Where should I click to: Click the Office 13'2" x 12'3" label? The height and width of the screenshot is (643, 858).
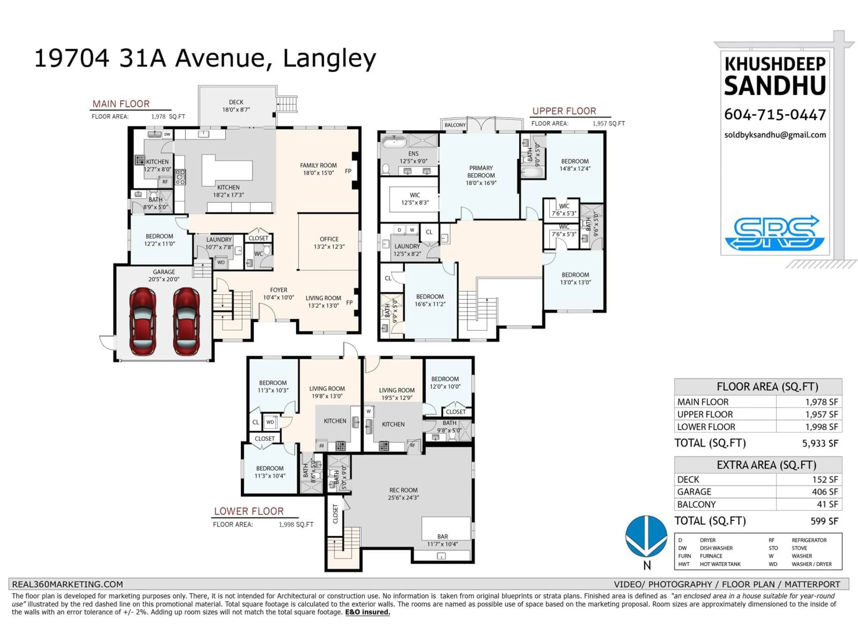click(x=329, y=243)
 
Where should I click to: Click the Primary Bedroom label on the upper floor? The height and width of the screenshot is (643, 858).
click(x=481, y=175)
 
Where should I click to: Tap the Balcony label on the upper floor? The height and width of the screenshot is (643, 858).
click(x=455, y=125)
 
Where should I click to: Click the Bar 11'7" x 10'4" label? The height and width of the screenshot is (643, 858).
click(x=443, y=540)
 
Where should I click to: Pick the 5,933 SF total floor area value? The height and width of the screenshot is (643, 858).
click(x=820, y=443)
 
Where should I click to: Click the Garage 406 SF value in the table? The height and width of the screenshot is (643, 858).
click(x=825, y=492)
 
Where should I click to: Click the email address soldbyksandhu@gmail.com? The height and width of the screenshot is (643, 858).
click(x=775, y=135)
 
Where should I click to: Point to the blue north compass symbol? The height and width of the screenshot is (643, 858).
click(x=646, y=537)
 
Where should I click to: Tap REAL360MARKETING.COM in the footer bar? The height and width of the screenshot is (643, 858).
click(x=67, y=584)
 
